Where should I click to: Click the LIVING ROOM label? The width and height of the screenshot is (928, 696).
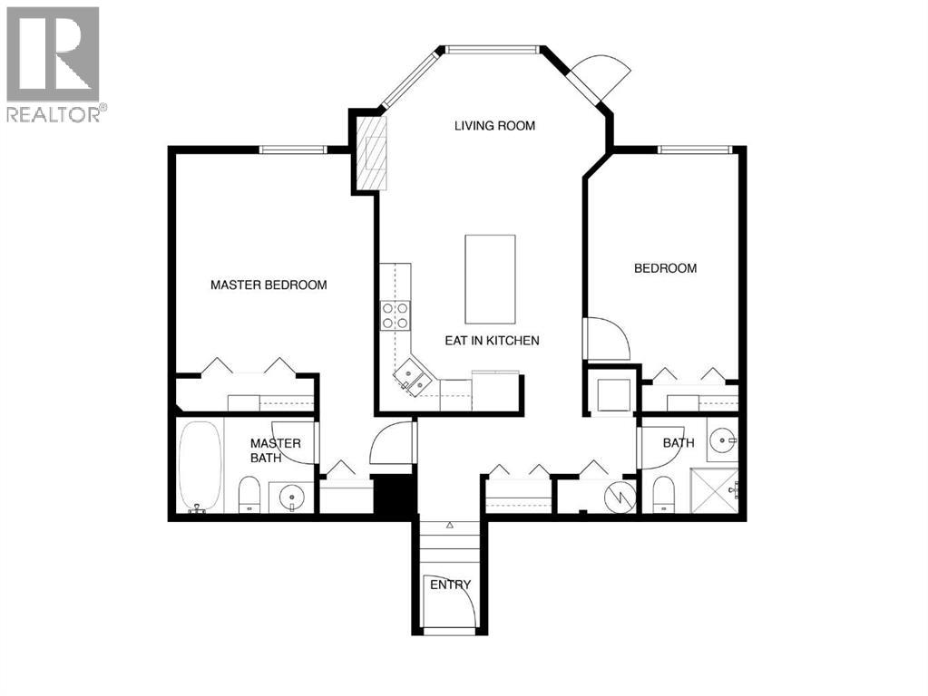[494, 126]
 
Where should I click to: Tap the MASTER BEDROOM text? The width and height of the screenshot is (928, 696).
[269, 285]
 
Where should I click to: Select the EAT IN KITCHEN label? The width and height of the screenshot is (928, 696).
[492, 341]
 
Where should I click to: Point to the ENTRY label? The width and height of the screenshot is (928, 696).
[450, 585]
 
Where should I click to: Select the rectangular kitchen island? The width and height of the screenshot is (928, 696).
[490, 278]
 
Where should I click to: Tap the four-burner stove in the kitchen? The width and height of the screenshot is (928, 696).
[395, 314]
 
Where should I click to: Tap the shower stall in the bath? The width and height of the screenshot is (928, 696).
[714, 490]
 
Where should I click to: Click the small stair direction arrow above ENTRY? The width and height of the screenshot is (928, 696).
[450, 525]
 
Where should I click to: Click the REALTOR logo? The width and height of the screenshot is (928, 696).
[54, 63]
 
